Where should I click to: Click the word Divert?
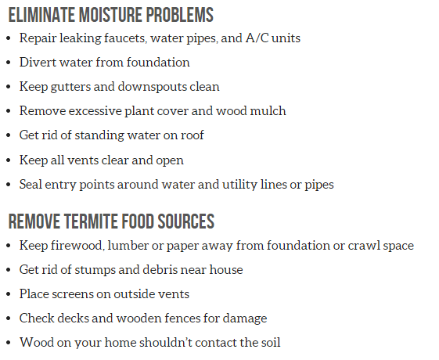[38, 62]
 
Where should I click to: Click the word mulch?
[269, 110]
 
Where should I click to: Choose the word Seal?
[32, 185]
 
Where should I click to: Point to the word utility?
[245, 185]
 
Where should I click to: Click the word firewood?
[75, 245]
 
